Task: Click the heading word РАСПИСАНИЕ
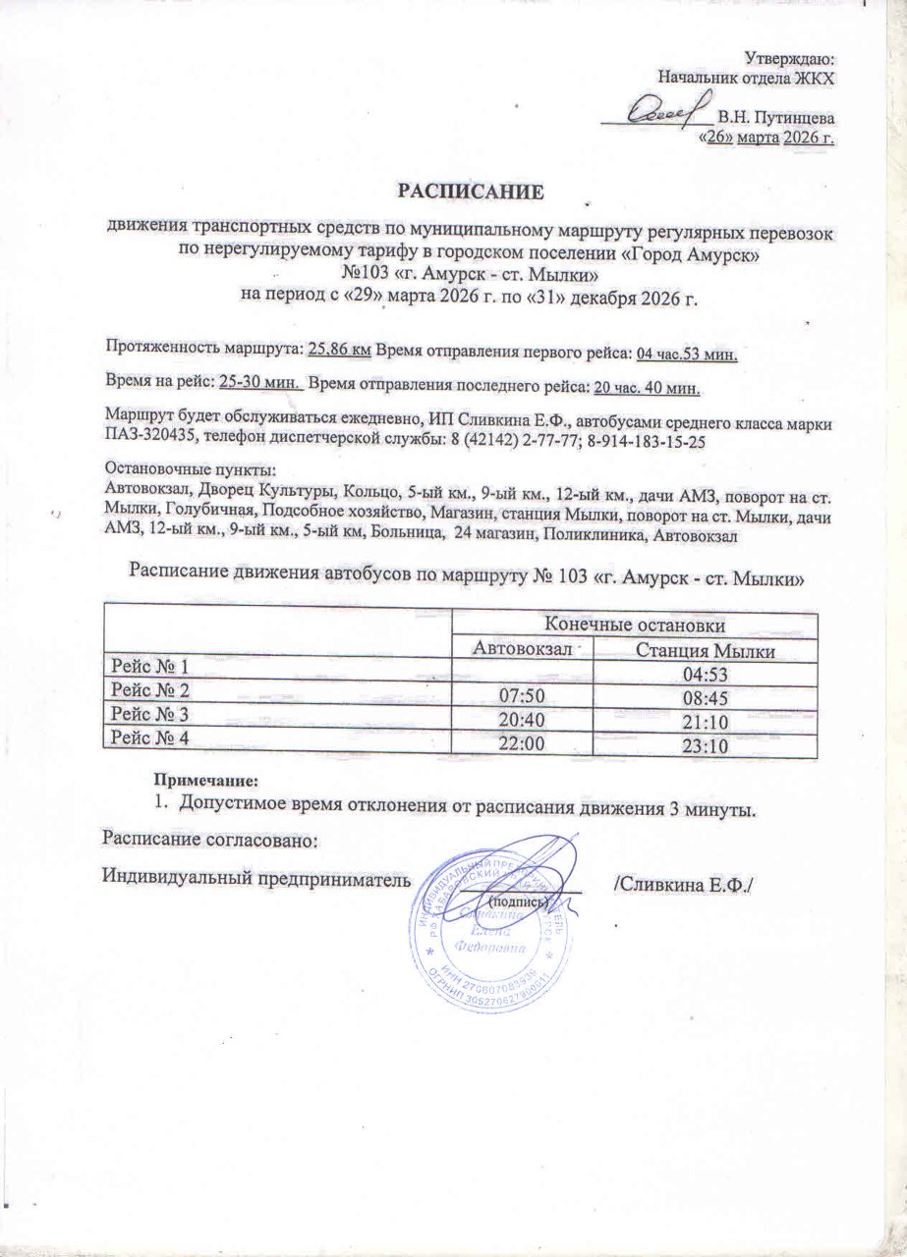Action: (469, 190)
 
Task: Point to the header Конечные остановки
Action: (635, 625)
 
